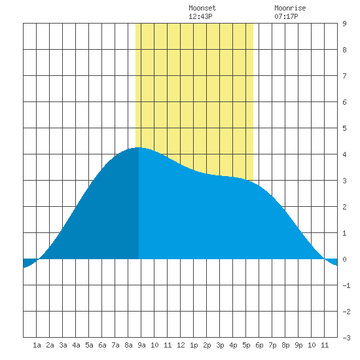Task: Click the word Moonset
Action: coord(202,8)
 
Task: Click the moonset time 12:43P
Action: coord(200,16)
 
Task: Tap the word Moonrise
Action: coord(290,8)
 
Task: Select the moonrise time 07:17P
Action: coord(286,16)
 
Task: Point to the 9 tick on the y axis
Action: coord(344,24)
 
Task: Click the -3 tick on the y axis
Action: coord(346,338)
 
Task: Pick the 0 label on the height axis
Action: coord(344,259)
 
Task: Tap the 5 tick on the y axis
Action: coord(344,128)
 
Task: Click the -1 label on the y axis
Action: coord(346,285)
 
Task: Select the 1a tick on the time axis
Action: coord(37,345)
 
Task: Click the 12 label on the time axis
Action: coord(181,345)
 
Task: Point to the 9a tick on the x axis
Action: coord(141,345)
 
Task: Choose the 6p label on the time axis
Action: coord(259,345)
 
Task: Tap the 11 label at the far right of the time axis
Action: coord(325,345)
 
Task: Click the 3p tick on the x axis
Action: coord(220,345)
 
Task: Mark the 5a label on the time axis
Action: coord(89,345)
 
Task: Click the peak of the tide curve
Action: coord(139,147)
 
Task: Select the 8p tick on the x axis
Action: coord(285,345)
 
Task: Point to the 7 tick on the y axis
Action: coord(344,76)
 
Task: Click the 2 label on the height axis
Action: coord(344,207)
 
